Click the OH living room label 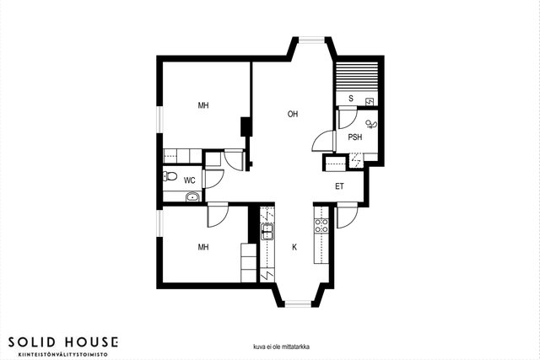pos(293,114)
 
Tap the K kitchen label pos(294,247)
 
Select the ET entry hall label pos(339,186)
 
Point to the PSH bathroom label pos(354,137)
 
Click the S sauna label pos(351,99)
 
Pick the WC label pos(189,180)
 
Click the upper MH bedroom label pos(203,105)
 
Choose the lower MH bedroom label pos(203,247)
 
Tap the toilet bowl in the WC pos(170,176)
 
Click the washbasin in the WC pos(192,197)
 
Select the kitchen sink pos(267,231)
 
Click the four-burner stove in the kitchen pos(321,225)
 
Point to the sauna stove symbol pos(370,102)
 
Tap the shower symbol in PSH pos(371,124)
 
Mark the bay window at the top pos(311,40)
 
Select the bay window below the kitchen pos(298,304)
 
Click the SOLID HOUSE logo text pos(63,342)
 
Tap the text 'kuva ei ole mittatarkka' pos(281,347)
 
